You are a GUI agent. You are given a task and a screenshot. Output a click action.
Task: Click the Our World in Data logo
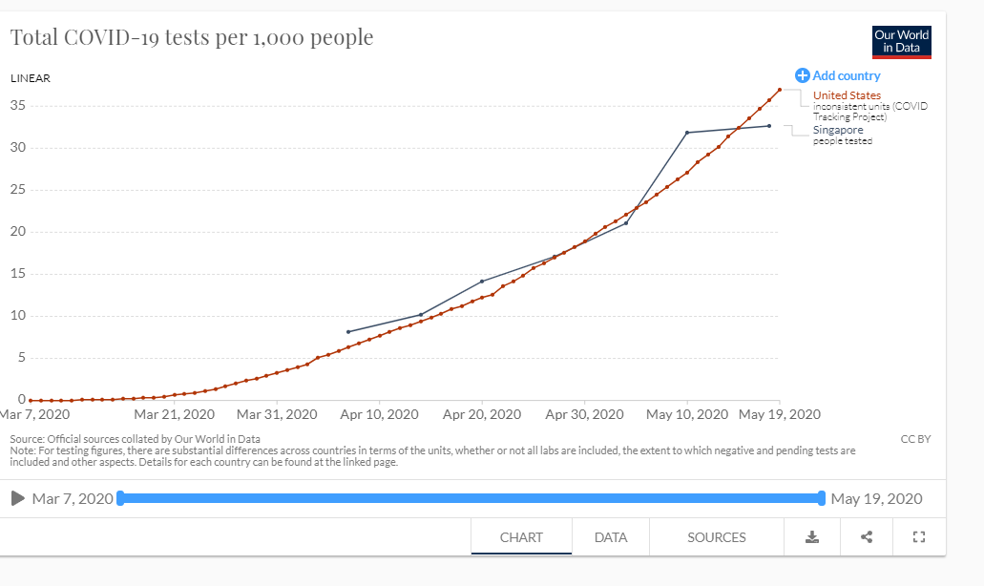(901, 41)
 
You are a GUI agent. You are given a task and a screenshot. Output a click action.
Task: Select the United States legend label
(847, 95)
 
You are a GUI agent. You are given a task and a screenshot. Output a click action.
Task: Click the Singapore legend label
(838, 130)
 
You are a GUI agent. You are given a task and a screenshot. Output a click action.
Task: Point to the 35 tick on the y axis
(17, 105)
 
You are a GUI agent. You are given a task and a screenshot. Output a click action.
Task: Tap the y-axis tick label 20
(17, 231)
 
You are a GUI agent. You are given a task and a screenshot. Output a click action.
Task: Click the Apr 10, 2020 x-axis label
(379, 414)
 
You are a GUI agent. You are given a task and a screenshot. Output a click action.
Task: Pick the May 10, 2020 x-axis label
(686, 414)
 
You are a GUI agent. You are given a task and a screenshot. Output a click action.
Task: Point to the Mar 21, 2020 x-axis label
(174, 414)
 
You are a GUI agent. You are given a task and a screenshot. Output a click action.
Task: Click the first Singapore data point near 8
(348, 331)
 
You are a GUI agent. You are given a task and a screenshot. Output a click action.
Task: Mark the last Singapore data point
(769, 126)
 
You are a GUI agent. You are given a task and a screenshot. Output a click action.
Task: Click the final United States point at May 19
(780, 90)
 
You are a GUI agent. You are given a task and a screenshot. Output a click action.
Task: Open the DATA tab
(611, 537)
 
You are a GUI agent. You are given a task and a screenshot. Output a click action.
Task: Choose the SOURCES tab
(717, 537)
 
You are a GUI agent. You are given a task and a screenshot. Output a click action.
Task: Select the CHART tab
(521, 537)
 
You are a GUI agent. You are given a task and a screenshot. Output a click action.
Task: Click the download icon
(812, 537)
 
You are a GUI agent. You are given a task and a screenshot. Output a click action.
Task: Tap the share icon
(867, 537)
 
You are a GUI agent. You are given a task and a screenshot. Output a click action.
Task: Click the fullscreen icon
(919, 537)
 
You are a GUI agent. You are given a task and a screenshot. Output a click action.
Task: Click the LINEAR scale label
(31, 78)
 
